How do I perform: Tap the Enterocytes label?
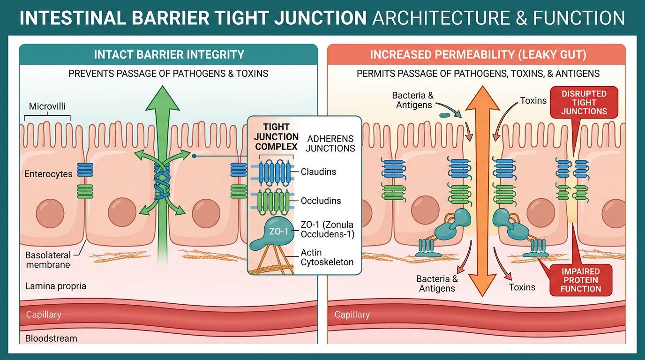tap(48, 174)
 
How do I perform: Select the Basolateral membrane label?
tap(48, 260)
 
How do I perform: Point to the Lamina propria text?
tap(56, 286)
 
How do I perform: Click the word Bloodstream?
tap(51, 338)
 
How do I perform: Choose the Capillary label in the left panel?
tap(43, 315)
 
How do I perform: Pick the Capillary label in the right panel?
tap(352, 315)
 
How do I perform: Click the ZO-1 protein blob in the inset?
tap(274, 232)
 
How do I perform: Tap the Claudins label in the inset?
tap(318, 172)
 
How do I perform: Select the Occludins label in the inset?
tap(321, 201)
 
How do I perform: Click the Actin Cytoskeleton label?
tap(327, 257)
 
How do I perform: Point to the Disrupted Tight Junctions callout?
tap(584, 103)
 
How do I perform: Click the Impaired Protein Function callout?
tap(580, 280)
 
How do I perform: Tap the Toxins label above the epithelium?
tap(533, 100)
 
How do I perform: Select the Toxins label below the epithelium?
tap(522, 287)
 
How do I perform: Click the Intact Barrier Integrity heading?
tap(169, 54)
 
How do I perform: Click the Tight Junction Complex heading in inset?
tap(277, 136)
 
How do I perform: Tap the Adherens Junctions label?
tap(330, 143)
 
